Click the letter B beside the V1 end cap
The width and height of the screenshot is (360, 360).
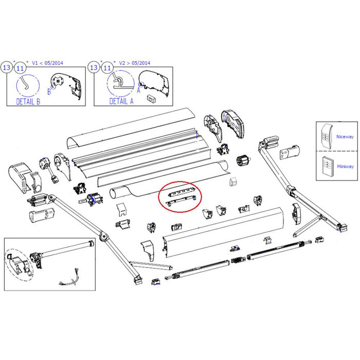(49, 93)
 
